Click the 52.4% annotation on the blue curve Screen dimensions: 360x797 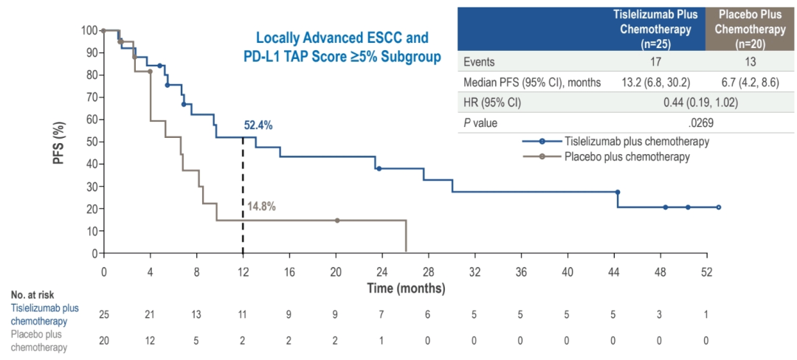(258, 125)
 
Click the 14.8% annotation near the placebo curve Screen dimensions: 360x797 (261, 207)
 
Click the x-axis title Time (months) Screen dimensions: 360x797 (406, 288)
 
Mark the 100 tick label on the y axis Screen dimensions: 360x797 (89, 30)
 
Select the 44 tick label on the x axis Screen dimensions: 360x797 (614, 271)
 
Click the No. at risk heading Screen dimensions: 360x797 (31, 295)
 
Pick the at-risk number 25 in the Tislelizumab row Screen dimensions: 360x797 (104, 314)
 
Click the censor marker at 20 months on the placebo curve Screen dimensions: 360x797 (337, 221)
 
